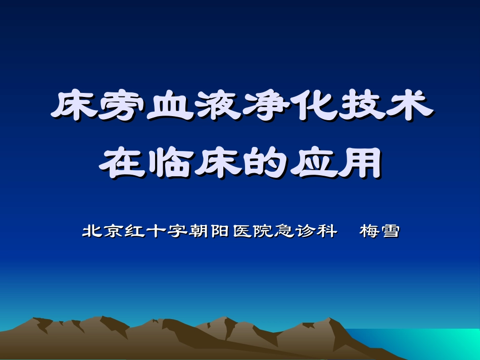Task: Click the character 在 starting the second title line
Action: [122, 163]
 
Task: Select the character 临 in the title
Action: [169, 163]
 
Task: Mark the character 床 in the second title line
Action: [217, 163]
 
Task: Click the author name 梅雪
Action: [379, 232]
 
